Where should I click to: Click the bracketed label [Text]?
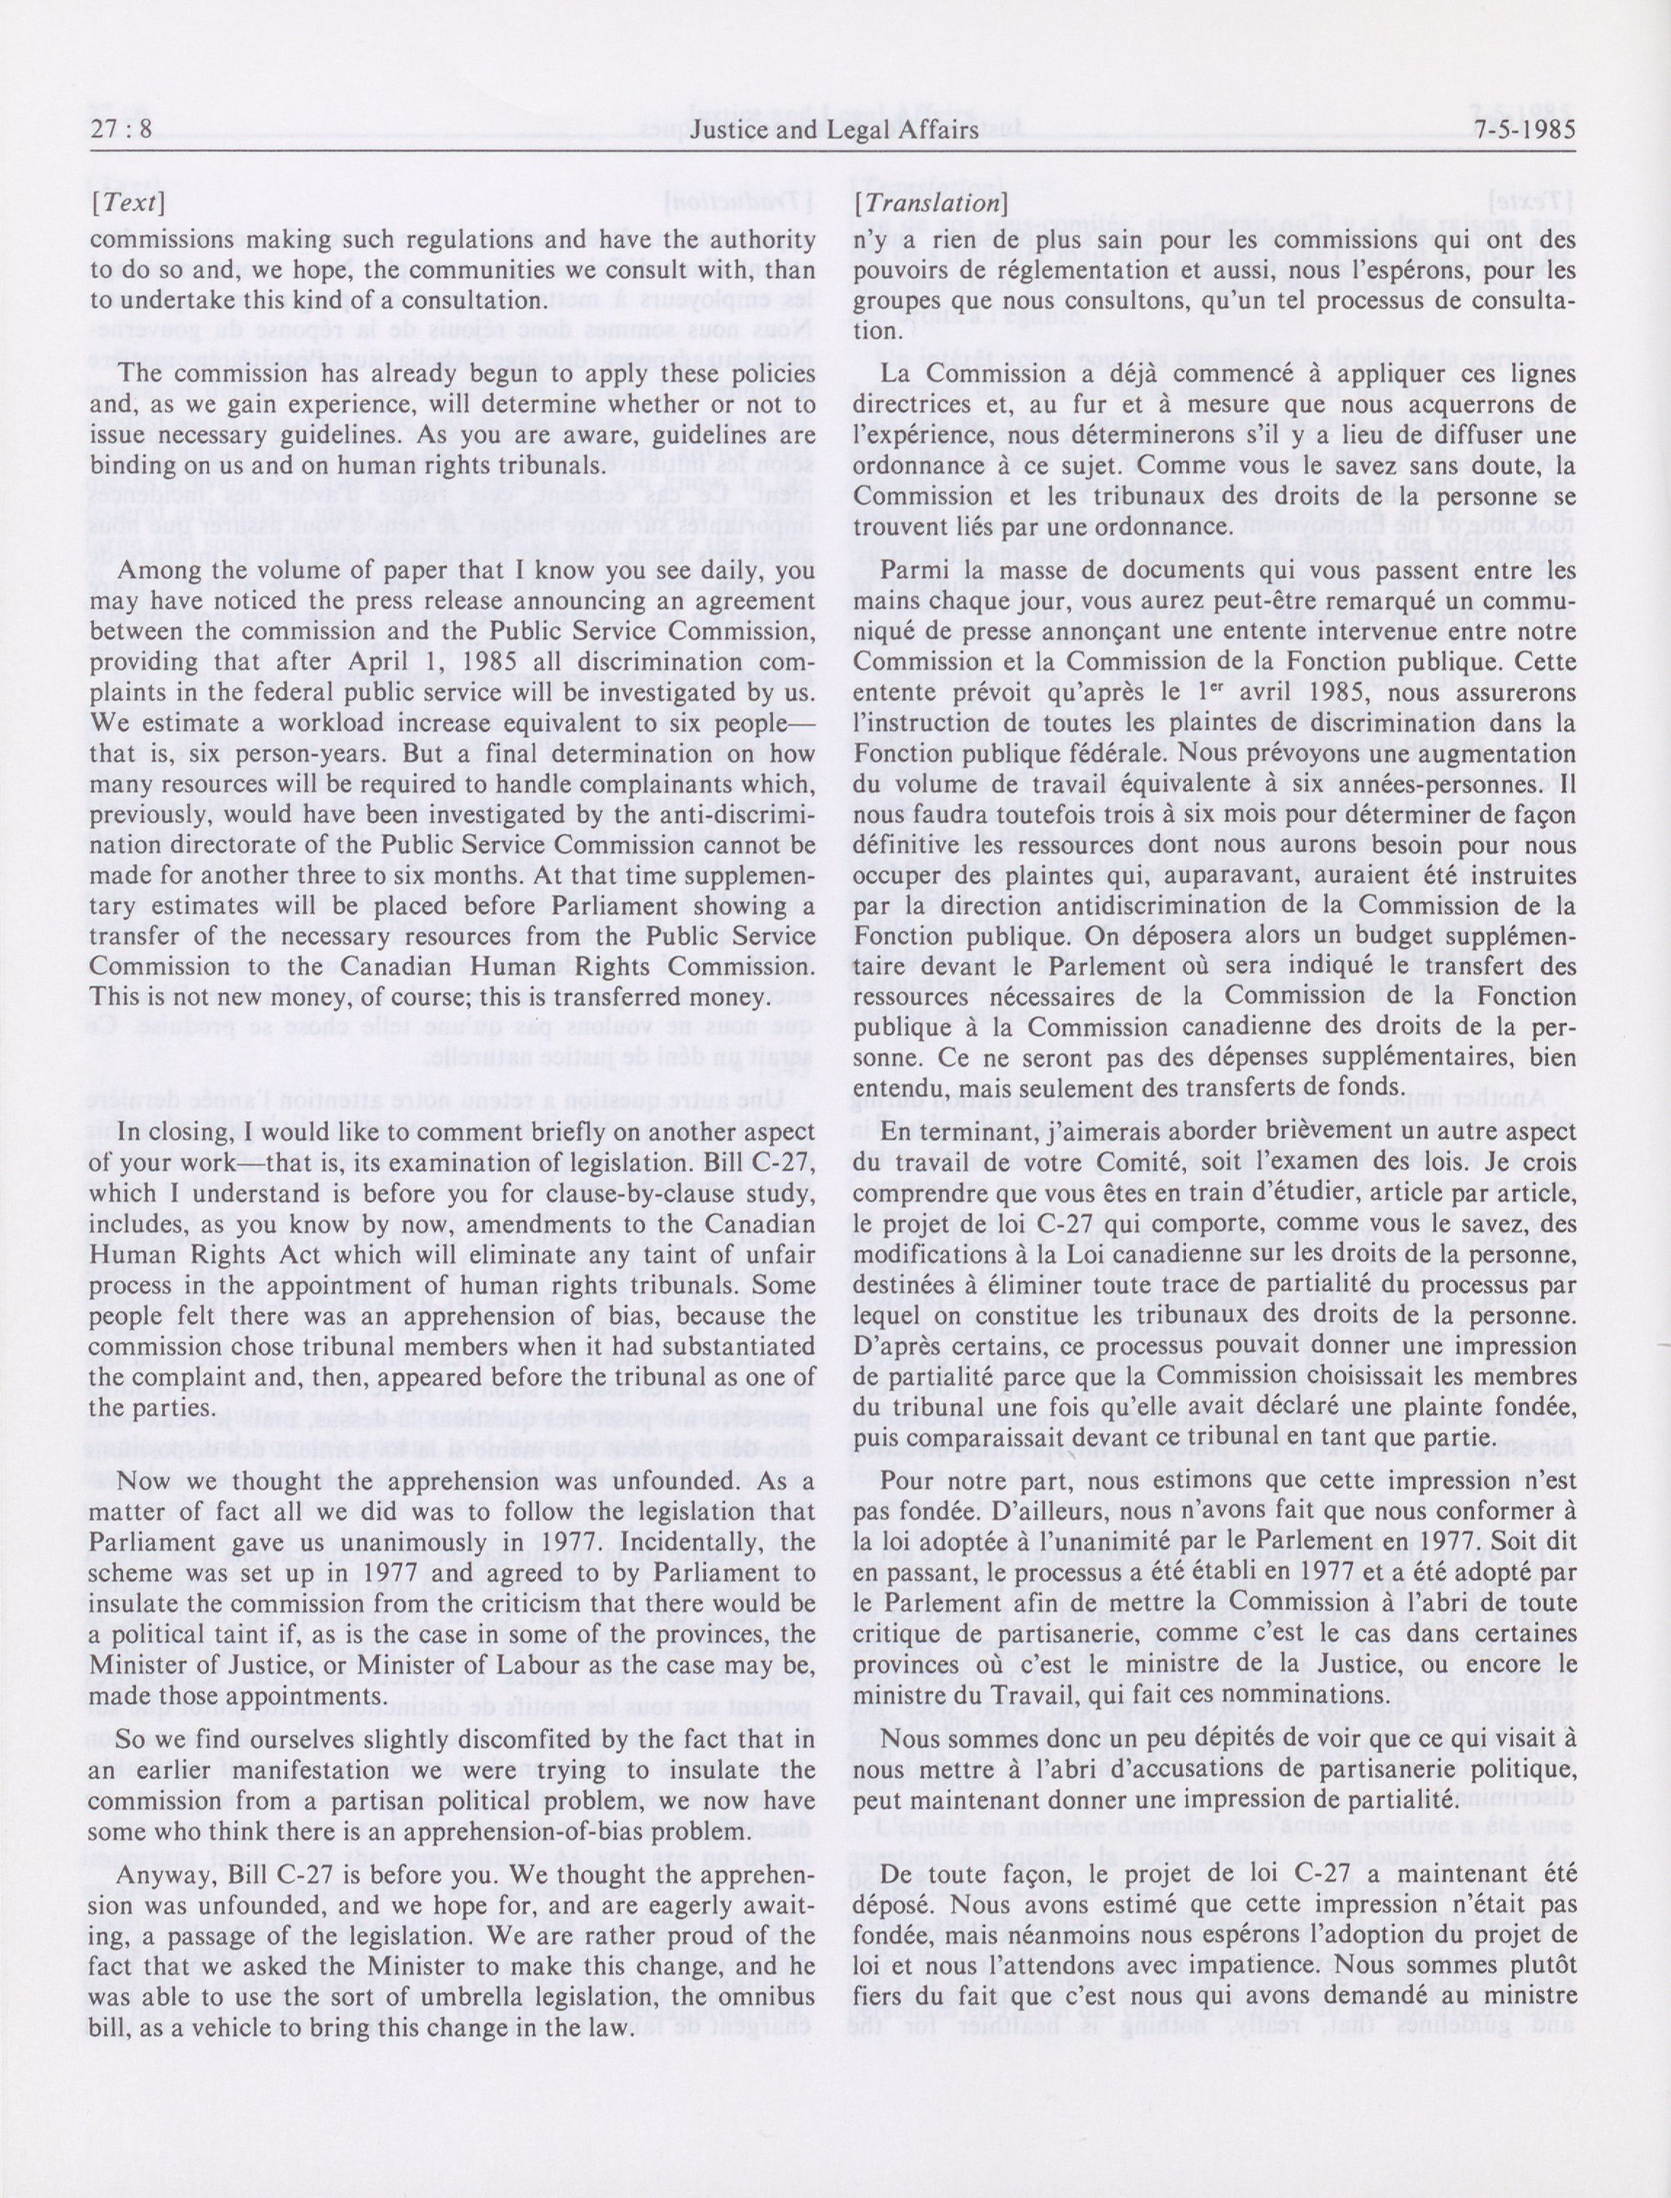coord(128,203)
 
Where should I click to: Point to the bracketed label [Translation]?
coord(928,203)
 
